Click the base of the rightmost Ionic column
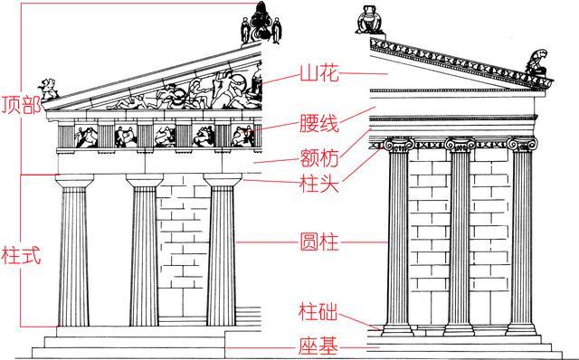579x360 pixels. coord(524,327)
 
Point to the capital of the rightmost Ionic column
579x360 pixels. coord(524,146)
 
